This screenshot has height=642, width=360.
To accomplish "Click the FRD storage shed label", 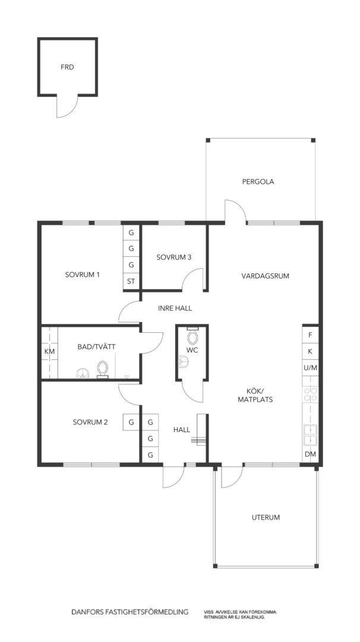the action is [68, 67].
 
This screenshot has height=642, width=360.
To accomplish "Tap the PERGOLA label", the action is [258, 182].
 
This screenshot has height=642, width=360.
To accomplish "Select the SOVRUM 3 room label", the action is [174, 257].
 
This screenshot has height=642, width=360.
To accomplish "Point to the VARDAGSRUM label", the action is [266, 276].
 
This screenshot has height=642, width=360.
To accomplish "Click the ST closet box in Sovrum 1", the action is [131, 281].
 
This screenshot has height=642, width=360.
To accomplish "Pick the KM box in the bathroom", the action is [49, 351].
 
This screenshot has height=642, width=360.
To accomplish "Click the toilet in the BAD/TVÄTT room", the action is [102, 369].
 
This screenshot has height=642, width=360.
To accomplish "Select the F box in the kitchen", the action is [311, 335].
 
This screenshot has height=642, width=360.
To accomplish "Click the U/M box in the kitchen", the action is [311, 368].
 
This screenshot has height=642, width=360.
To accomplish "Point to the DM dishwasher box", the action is [311, 454].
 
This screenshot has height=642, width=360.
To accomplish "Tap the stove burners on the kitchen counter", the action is [311, 394].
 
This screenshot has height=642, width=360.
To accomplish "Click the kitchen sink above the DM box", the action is [311, 435].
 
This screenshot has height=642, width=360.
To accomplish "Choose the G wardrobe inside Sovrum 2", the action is [131, 421].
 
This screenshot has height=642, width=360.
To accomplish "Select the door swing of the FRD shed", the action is [67, 107].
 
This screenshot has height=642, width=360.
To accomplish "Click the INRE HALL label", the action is [175, 309].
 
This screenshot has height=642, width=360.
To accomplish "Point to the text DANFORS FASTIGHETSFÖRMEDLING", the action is [130, 612].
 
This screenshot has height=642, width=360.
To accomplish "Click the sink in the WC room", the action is [184, 361].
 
